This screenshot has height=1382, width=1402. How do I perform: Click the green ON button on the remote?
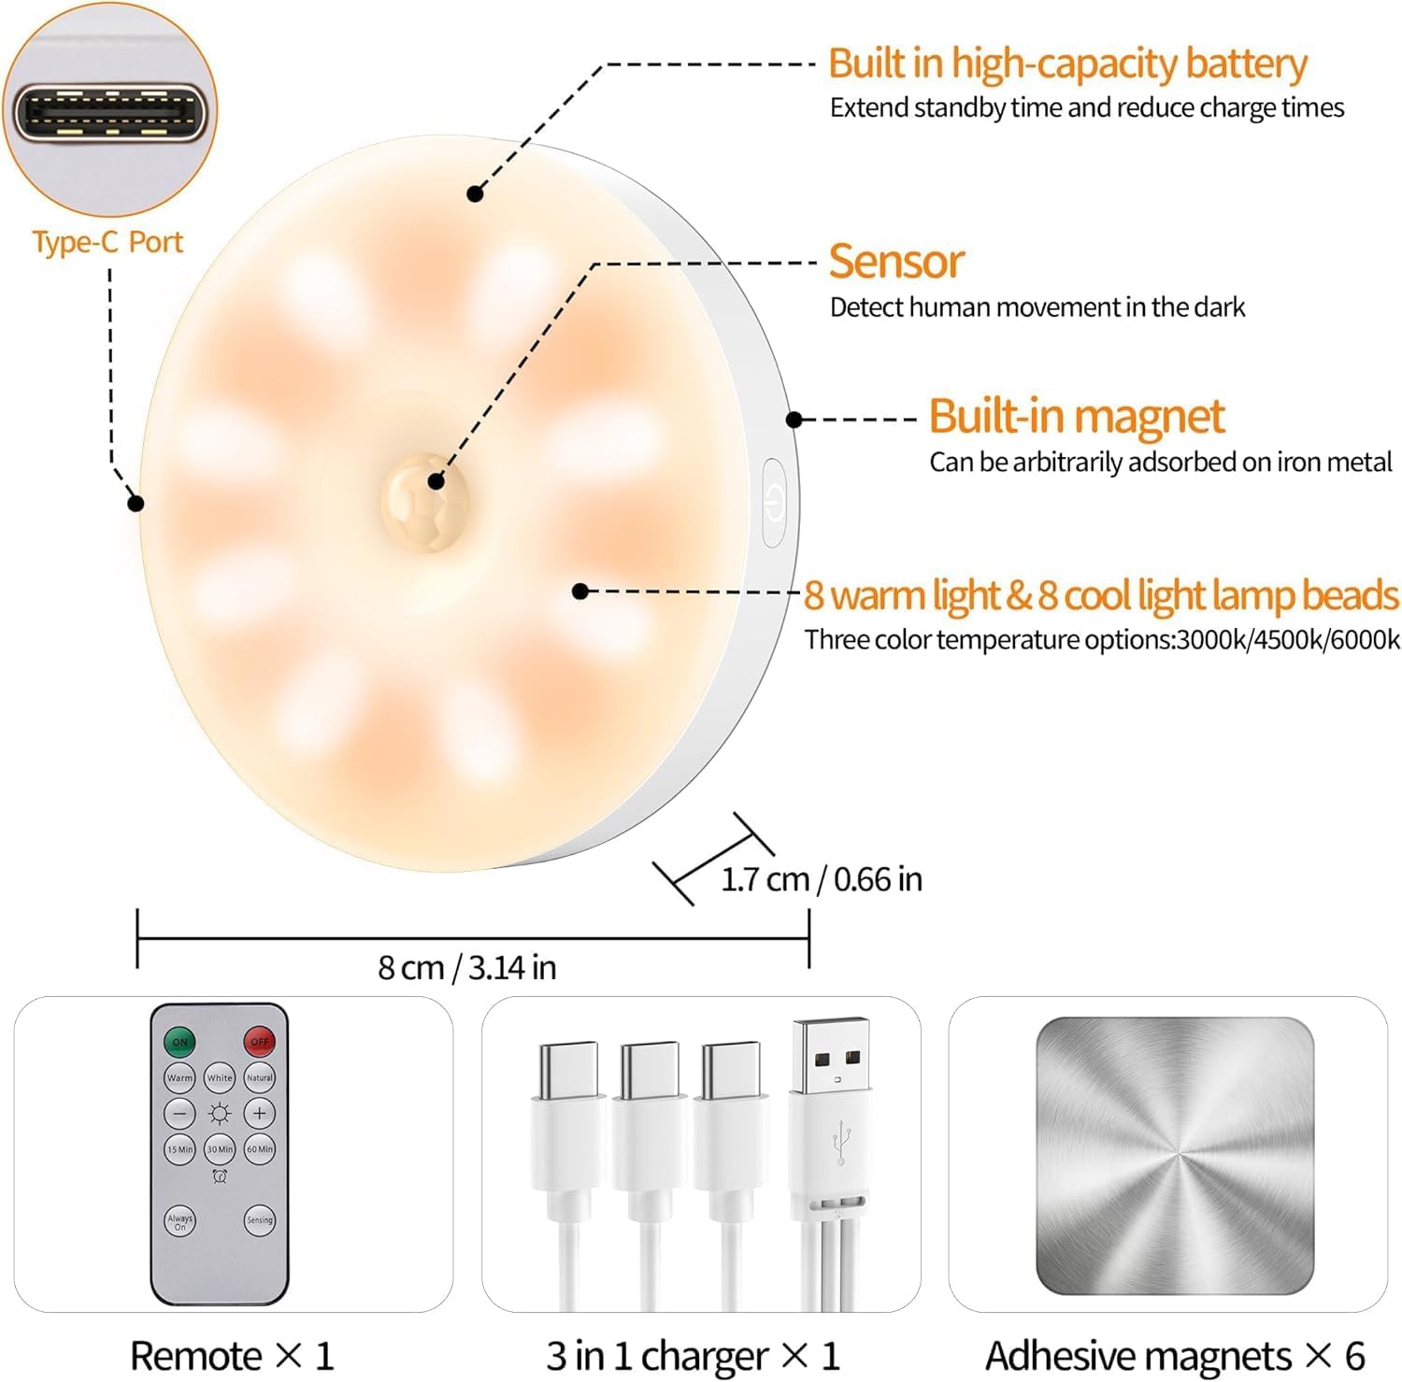click(x=179, y=1041)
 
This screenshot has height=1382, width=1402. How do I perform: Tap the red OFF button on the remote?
click(x=259, y=1041)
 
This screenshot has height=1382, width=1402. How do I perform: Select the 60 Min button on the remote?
click(x=259, y=1149)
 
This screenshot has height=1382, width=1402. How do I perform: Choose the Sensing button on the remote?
click(x=259, y=1220)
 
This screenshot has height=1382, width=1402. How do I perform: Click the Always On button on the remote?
click(x=179, y=1220)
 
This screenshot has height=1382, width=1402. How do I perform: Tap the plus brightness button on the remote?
click(x=259, y=1113)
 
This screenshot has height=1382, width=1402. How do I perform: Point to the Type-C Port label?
click(x=107, y=242)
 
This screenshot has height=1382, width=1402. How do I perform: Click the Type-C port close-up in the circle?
click(x=109, y=111)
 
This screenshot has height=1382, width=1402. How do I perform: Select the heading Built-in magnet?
click(x=1076, y=416)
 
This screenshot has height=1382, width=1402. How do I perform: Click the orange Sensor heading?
click(x=895, y=262)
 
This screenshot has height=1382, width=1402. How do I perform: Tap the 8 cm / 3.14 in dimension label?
click(x=466, y=967)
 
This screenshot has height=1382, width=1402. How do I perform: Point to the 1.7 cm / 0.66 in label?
click(x=821, y=879)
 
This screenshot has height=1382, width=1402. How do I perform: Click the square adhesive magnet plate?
click(x=1174, y=1155)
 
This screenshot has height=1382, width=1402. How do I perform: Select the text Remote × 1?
click(x=232, y=1356)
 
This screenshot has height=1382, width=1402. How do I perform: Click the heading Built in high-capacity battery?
click(x=1066, y=64)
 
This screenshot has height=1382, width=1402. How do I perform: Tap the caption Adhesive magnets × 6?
click(x=1174, y=1356)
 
